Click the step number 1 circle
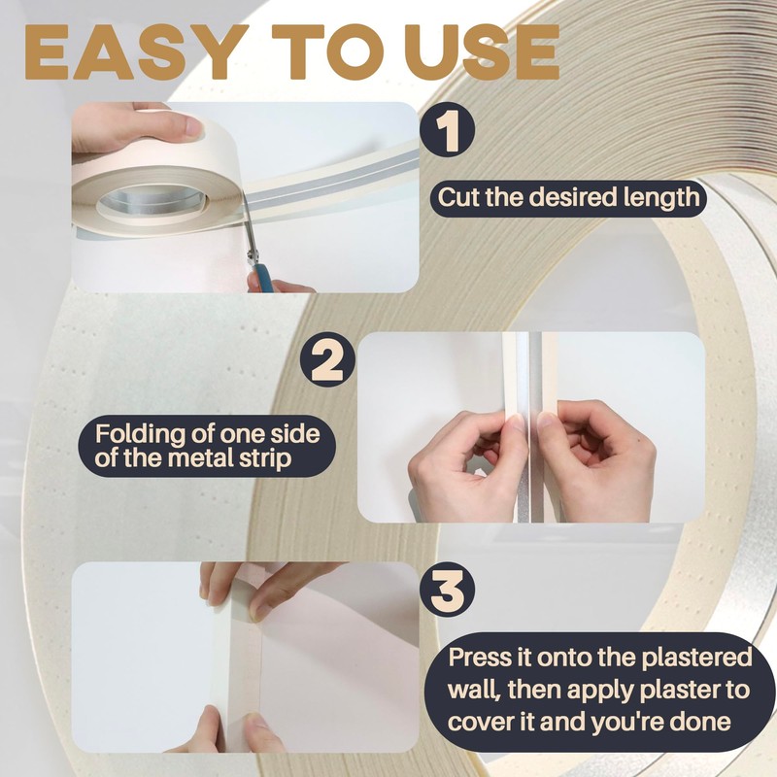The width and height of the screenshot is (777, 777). (x=448, y=132)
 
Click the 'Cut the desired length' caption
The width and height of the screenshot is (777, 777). (x=568, y=198)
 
